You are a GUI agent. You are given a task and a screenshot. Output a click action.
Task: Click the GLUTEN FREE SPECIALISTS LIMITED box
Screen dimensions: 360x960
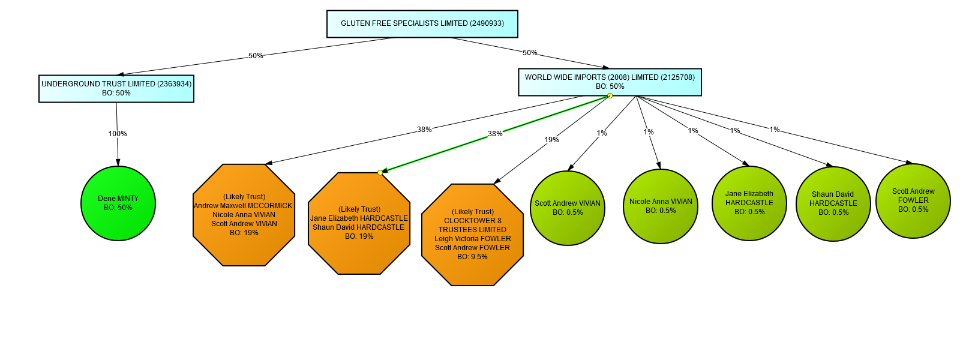point(422,24)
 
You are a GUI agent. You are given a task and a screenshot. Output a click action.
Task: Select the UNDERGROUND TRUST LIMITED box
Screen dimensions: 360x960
point(116,88)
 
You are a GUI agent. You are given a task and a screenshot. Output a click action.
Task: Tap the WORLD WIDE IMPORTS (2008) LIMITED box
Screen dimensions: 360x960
point(610,82)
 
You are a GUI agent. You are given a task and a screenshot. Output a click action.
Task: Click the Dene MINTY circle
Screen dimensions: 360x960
point(118,203)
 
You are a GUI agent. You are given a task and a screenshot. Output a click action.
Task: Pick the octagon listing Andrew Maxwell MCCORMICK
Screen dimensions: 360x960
point(244,215)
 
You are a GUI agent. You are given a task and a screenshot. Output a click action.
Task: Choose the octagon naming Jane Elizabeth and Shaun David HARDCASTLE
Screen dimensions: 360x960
point(359,223)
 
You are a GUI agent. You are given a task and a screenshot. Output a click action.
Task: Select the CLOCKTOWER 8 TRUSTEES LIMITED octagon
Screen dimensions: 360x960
point(473,234)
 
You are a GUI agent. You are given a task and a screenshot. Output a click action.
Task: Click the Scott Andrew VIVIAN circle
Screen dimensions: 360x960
point(568,208)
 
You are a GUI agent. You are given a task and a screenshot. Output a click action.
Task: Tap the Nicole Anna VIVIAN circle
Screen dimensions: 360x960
point(661,206)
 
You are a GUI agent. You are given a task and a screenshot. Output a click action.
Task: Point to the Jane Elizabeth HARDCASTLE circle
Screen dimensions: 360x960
point(749,203)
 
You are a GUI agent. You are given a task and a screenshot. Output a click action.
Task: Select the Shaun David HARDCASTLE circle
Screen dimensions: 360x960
point(833,204)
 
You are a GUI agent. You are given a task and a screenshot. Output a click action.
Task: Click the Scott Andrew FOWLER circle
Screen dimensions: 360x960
point(913,201)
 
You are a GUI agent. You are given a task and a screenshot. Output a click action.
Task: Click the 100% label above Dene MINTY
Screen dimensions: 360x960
point(118,134)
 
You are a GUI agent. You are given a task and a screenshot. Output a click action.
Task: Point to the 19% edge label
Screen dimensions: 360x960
point(552,140)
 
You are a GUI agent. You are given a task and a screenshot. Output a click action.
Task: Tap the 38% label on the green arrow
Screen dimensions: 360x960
point(495,134)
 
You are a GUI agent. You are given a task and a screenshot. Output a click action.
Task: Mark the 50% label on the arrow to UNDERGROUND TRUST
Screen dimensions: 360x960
point(256,56)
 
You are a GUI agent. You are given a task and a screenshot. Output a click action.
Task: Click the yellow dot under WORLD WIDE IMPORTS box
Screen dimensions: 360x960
point(610,96)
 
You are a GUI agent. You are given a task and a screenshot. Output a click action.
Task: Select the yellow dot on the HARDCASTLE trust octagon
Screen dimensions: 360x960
point(380,173)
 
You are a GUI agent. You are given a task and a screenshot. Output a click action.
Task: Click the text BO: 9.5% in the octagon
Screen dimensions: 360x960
point(472,257)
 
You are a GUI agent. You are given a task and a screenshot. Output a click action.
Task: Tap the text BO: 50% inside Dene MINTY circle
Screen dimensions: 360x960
point(118,208)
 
